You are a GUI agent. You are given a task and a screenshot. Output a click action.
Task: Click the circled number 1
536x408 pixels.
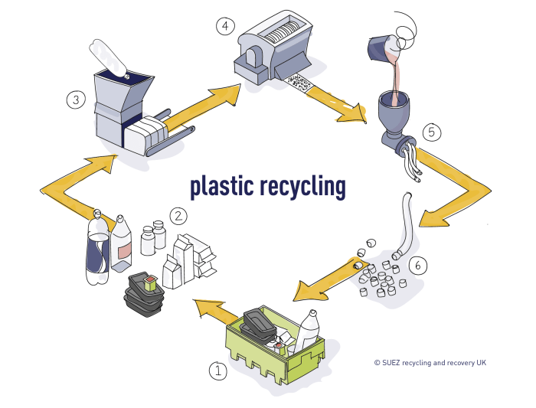click(x=219, y=371)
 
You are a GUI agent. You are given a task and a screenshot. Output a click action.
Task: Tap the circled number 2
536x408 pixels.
click(x=178, y=216)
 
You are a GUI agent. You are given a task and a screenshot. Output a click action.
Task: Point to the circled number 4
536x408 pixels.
click(x=224, y=28)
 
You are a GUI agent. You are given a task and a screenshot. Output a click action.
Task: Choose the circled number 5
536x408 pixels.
click(x=431, y=132)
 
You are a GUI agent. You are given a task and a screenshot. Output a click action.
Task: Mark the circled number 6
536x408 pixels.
click(x=417, y=266)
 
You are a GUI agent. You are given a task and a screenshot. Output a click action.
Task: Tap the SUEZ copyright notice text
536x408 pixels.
click(x=430, y=362)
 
